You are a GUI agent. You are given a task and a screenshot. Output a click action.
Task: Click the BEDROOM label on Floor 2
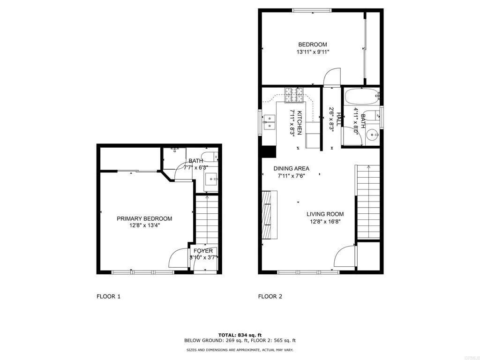tap(313, 45)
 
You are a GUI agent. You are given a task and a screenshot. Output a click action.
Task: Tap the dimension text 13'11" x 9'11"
tap(313, 52)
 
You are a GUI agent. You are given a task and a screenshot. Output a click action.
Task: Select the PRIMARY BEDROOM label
tap(144, 218)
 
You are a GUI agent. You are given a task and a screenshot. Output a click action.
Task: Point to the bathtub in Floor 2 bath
tap(361, 97)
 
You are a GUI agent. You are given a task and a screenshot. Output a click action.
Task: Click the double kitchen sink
tap(269, 122)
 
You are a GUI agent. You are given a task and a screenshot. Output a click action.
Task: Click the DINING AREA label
tap(292, 169)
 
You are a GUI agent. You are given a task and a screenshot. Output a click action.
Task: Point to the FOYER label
tap(203, 251)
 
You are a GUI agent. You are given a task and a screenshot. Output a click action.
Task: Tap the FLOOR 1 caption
tap(109, 296)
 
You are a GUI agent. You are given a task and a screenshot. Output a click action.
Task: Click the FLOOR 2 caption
tap(270, 296)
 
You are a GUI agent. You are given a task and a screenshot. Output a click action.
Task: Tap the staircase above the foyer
tap(206, 218)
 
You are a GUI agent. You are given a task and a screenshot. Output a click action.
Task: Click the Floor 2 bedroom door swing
tap(332, 76)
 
